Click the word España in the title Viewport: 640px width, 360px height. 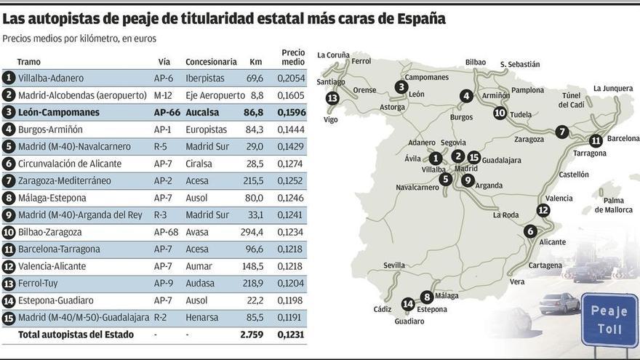pos(417,18)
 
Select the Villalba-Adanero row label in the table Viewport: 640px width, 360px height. pos(51,78)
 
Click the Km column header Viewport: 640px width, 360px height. pos(255,63)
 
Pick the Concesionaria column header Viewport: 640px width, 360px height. pos(211,63)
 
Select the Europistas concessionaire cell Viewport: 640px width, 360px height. pos(206,129)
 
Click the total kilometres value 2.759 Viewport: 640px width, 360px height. pos(252,335)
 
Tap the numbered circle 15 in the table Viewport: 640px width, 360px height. pos(9,318)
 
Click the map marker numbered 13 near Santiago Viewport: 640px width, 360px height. pos(333,97)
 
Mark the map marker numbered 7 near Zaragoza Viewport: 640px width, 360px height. pos(561,132)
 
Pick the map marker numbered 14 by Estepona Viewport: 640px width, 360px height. pos(408,303)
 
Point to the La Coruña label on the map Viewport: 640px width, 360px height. pos(333,55)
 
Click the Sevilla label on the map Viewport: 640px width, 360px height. pos(394,265)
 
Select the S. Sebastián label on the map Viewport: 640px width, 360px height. pos(520,64)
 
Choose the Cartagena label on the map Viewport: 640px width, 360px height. pos(545,265)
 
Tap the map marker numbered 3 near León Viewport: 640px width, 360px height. pos(401,87)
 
